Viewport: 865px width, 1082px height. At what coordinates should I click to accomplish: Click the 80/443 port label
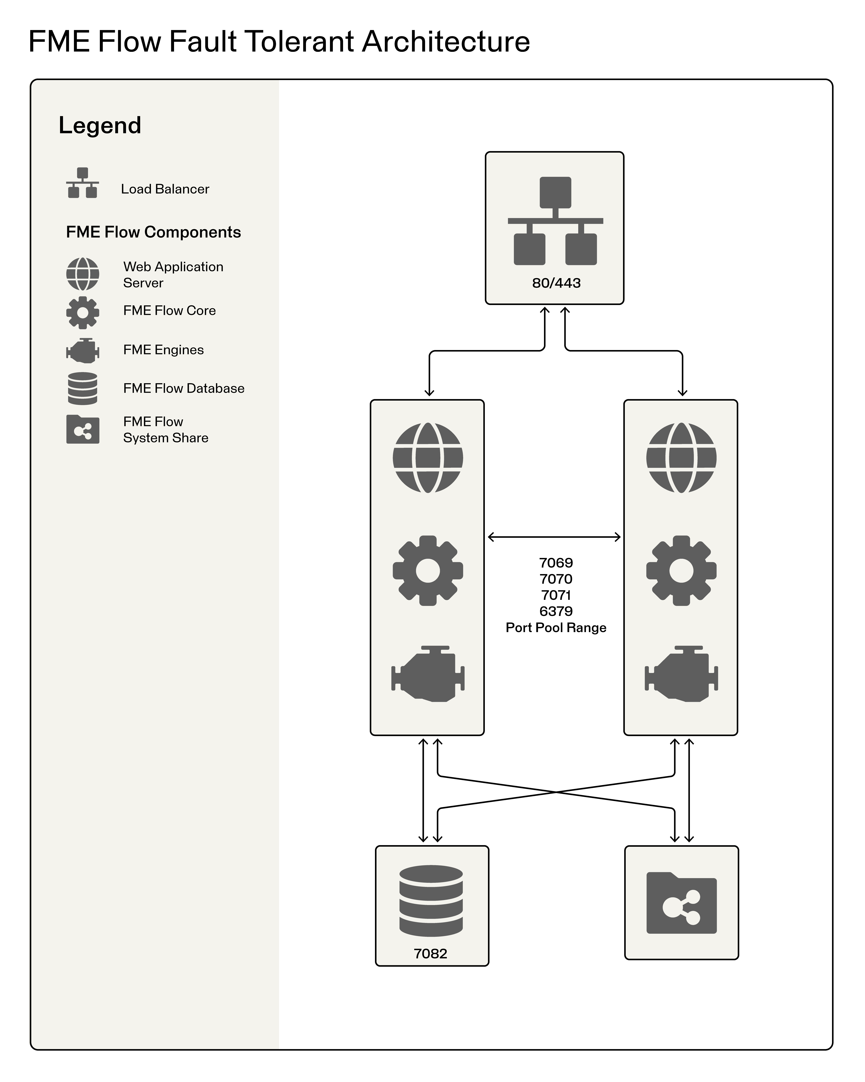[556, 283]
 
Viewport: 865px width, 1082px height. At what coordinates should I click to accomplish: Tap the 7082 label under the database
[430, 954]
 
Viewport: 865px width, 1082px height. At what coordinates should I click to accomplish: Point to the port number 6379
[556, 611]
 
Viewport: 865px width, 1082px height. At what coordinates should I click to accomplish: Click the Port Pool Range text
[556, 628]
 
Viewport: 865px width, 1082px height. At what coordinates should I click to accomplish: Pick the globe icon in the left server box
[427, 458]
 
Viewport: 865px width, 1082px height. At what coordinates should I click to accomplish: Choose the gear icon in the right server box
[681, 571]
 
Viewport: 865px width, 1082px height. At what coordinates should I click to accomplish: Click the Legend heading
[100, 126]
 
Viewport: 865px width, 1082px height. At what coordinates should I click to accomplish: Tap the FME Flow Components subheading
[154, 232]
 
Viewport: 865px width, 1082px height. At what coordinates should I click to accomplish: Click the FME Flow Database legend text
[184, 388]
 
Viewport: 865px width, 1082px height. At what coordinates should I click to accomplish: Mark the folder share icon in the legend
[83, 430]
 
